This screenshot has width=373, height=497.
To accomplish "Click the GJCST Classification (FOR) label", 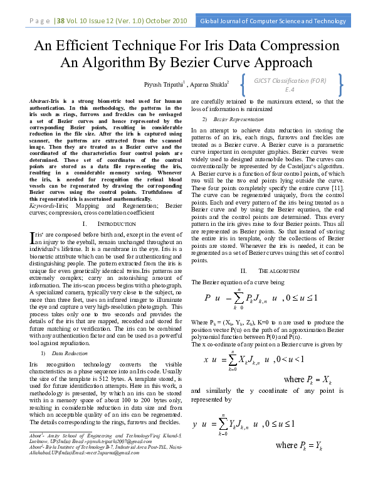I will coord(290,80).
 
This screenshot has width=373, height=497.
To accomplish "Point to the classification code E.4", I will coord(290,89).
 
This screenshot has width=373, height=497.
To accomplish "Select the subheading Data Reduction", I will coord(71,354).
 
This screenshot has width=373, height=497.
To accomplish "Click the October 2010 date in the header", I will coord(166,21).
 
